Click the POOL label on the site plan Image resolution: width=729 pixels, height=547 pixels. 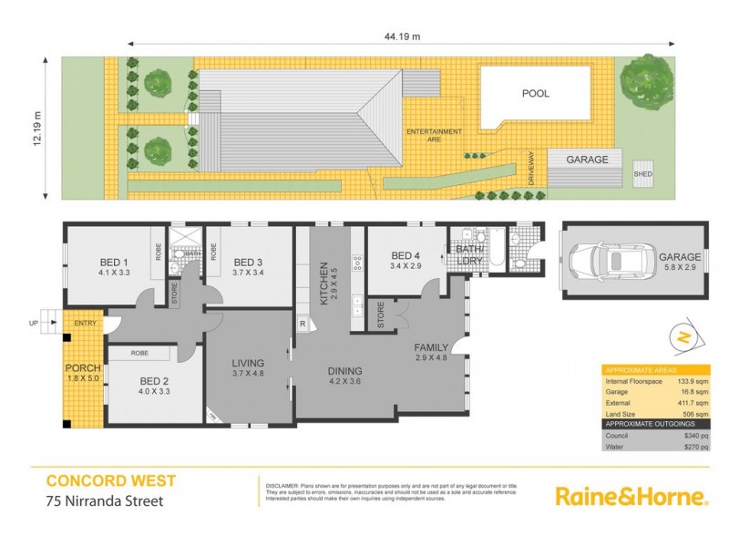click(x=536, y=93)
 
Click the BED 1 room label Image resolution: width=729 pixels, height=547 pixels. click(x=114, y=266)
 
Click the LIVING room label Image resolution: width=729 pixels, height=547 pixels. click(x=247, y=365)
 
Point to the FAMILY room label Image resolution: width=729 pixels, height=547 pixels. click(x=431, y=349)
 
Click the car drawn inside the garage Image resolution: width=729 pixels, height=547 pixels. click(x=609, y=262)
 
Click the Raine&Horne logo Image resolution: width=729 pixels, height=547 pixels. click(x=631, y=497)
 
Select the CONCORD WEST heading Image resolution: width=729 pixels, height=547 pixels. click(x=111, y=480)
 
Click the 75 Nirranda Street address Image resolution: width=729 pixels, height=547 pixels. click(x=105, y=500)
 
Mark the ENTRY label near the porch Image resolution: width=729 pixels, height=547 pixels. click(x=85, y=322)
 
